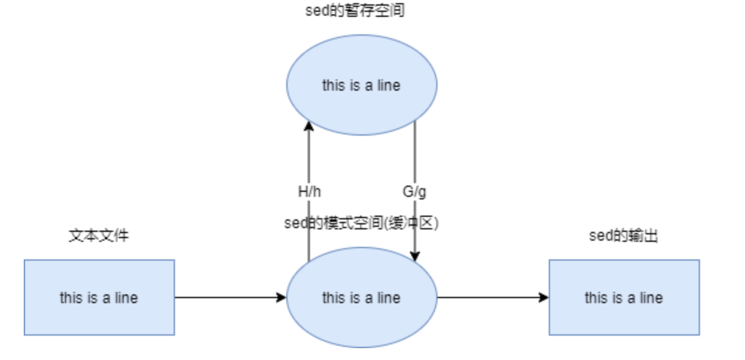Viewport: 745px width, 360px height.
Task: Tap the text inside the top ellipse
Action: tap(361, 85)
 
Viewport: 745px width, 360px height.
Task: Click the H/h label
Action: tap(309, 192)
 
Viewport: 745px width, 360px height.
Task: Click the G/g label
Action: tap(415, 192)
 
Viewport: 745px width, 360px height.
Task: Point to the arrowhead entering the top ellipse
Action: tap(309, 126)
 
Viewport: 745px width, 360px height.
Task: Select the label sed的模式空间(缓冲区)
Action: tap(361, 224)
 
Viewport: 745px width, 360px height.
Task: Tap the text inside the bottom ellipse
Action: tap(361, 297)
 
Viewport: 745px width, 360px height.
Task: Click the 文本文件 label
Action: tap(99, 236)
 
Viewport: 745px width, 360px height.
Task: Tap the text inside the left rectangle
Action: tap(99, 297)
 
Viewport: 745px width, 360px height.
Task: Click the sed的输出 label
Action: tap(624, 236)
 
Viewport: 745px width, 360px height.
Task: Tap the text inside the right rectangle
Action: tap(624, 297)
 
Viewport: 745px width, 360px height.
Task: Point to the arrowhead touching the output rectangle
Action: tap(544, 297)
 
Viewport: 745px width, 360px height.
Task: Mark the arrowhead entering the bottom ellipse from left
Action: tap(281, 297)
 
